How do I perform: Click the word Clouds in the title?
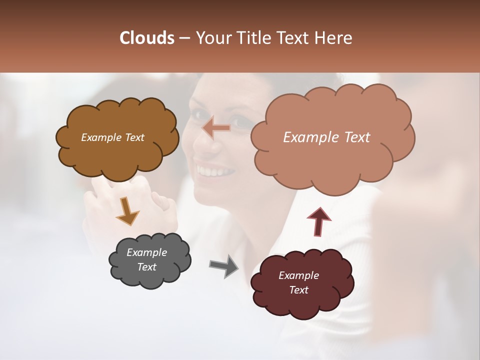[x=147, y=38]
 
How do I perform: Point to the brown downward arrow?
[x=127, y=210]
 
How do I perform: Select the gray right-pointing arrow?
[x=223, y=265]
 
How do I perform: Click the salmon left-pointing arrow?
[x=216, y=128]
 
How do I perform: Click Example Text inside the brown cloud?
[x=112, y=137]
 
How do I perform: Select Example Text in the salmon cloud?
[x=326, y=137]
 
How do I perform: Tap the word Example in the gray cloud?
[x=146, y=252]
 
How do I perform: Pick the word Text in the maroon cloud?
[x=298, y=290]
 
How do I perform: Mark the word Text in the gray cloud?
[x=146, y=267]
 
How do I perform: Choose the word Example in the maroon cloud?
[x=298, y=275]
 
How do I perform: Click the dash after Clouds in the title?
[x=184, y=38]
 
